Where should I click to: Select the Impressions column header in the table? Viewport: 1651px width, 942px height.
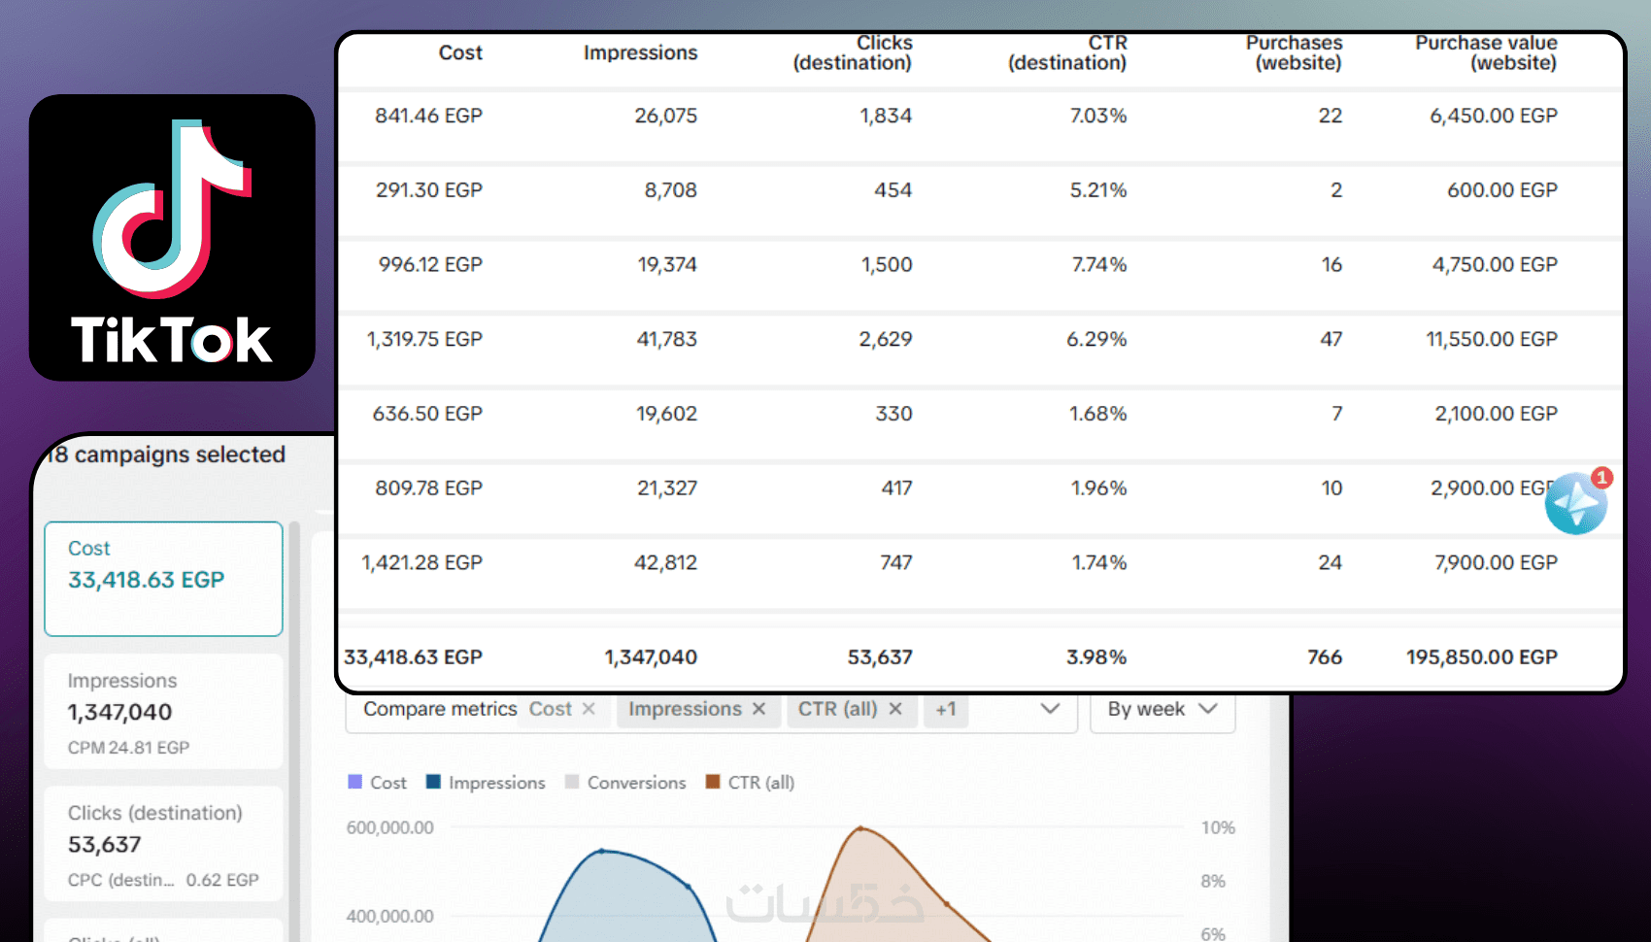(x=640, y=53)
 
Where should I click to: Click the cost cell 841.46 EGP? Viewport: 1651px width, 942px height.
(x=428, y=116)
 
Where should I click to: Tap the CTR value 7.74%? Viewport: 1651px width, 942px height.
(x=1098, y=264)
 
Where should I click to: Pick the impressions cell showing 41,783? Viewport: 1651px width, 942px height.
(x=666, y=339)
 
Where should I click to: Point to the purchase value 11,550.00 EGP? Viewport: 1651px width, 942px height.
(x=1491, y=339)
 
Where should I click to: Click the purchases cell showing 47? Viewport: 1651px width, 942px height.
(x=1331, y=339)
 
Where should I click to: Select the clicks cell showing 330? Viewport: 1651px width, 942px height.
(x=893, y=414)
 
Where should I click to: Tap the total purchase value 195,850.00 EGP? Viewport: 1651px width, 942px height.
(x=1481, y=657)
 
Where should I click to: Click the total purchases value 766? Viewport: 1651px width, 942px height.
(x=1325, y=657)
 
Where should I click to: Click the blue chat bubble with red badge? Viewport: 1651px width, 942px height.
(x=1575, y=503)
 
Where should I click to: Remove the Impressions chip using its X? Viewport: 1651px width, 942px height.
(x=759, y=709)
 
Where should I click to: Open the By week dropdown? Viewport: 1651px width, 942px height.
(x=1162, y=709)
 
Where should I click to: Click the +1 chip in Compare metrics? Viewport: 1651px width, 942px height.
(x=946, y=709)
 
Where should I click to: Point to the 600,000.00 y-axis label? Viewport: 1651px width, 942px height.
(x=389, y=828)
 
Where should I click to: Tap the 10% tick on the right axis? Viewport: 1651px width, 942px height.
(x=1218, y=828)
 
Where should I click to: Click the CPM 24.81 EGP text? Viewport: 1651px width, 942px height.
(x=128, y=748)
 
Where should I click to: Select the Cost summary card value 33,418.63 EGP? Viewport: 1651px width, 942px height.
(x=146, y=580)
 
